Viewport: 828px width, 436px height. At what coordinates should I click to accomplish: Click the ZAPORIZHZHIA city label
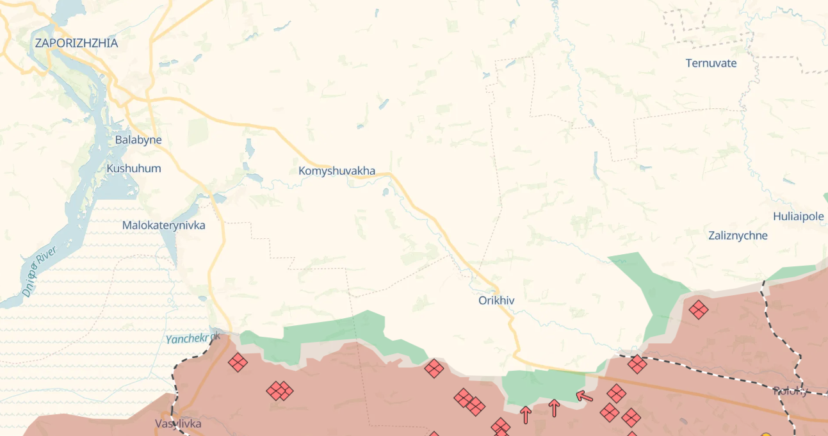point(76,44)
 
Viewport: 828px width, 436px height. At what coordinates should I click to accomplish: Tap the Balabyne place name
point(138,140)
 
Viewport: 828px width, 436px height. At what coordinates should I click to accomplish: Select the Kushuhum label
point(134,168)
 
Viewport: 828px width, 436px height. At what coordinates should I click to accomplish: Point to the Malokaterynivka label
point(164,225)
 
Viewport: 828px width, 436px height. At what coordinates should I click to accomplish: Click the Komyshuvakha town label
point(337,171)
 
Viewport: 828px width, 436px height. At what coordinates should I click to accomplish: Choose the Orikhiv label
point(496,300)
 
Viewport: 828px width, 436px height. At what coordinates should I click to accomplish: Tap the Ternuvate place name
point(711,63)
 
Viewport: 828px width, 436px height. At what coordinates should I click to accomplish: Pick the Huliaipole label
point(798,216)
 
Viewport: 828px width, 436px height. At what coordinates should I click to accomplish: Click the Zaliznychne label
point(738,236)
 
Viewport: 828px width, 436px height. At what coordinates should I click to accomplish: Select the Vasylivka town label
point(178,423)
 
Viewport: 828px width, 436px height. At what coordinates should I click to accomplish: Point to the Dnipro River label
point(39,271)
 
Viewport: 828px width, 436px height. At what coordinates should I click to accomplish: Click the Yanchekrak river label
point(193,338)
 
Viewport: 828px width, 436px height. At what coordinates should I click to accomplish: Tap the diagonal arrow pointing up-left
point(584,396)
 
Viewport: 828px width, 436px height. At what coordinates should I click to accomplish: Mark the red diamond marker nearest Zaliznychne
point(698,310)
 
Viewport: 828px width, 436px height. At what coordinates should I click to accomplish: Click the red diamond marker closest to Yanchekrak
point(238,362)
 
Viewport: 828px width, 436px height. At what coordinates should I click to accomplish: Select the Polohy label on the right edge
point(790,391)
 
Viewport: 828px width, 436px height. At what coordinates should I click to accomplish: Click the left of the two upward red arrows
point(525,414)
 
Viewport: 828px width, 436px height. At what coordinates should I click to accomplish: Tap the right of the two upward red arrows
point(555,407)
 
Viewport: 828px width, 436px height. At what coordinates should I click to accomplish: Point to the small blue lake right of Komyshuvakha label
point(386,191)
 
